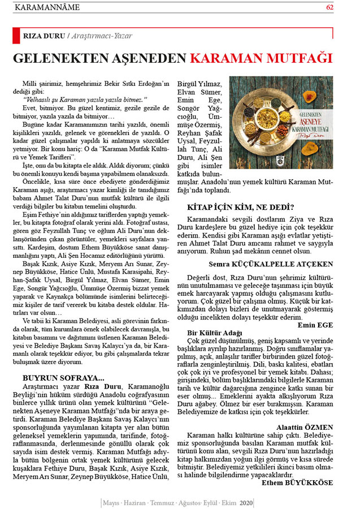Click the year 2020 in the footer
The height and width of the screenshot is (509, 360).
(x=246, y=502)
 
